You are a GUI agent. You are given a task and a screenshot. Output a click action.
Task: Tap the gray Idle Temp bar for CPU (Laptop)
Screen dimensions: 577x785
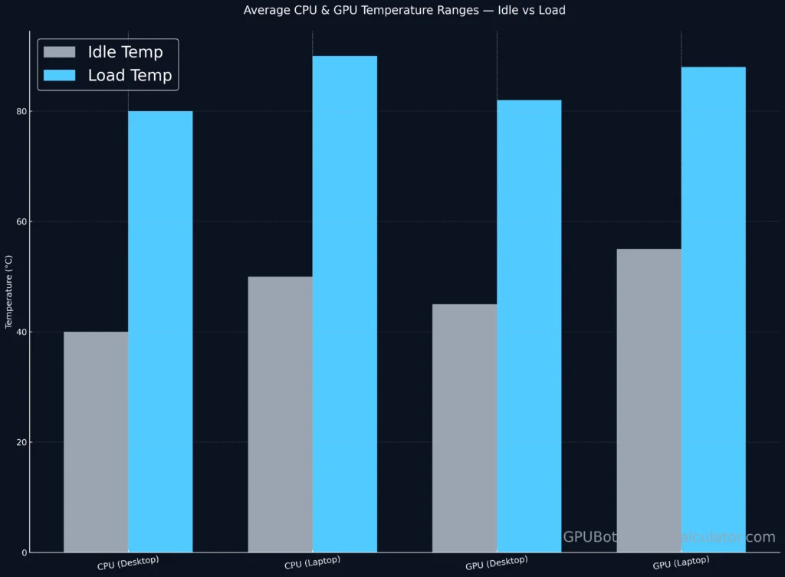280,414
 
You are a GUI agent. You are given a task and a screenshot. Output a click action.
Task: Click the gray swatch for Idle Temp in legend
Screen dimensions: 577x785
60,52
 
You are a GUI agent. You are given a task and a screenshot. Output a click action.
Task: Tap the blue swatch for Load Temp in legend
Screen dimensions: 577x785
60,76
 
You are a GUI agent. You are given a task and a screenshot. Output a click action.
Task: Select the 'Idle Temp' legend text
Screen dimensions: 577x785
125,52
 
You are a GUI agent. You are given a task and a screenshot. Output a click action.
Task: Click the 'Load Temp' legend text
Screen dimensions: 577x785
130,76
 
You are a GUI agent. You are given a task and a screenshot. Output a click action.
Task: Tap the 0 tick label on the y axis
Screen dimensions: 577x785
23,552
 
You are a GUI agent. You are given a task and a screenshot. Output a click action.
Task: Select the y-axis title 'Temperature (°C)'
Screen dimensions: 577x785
8,292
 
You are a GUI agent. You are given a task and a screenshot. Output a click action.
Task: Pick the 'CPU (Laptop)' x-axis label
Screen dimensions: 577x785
312,564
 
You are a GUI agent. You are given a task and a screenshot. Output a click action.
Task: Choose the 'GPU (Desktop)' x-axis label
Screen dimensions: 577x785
497,564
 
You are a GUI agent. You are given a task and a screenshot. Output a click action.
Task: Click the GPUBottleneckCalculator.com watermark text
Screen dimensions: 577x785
668,537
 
